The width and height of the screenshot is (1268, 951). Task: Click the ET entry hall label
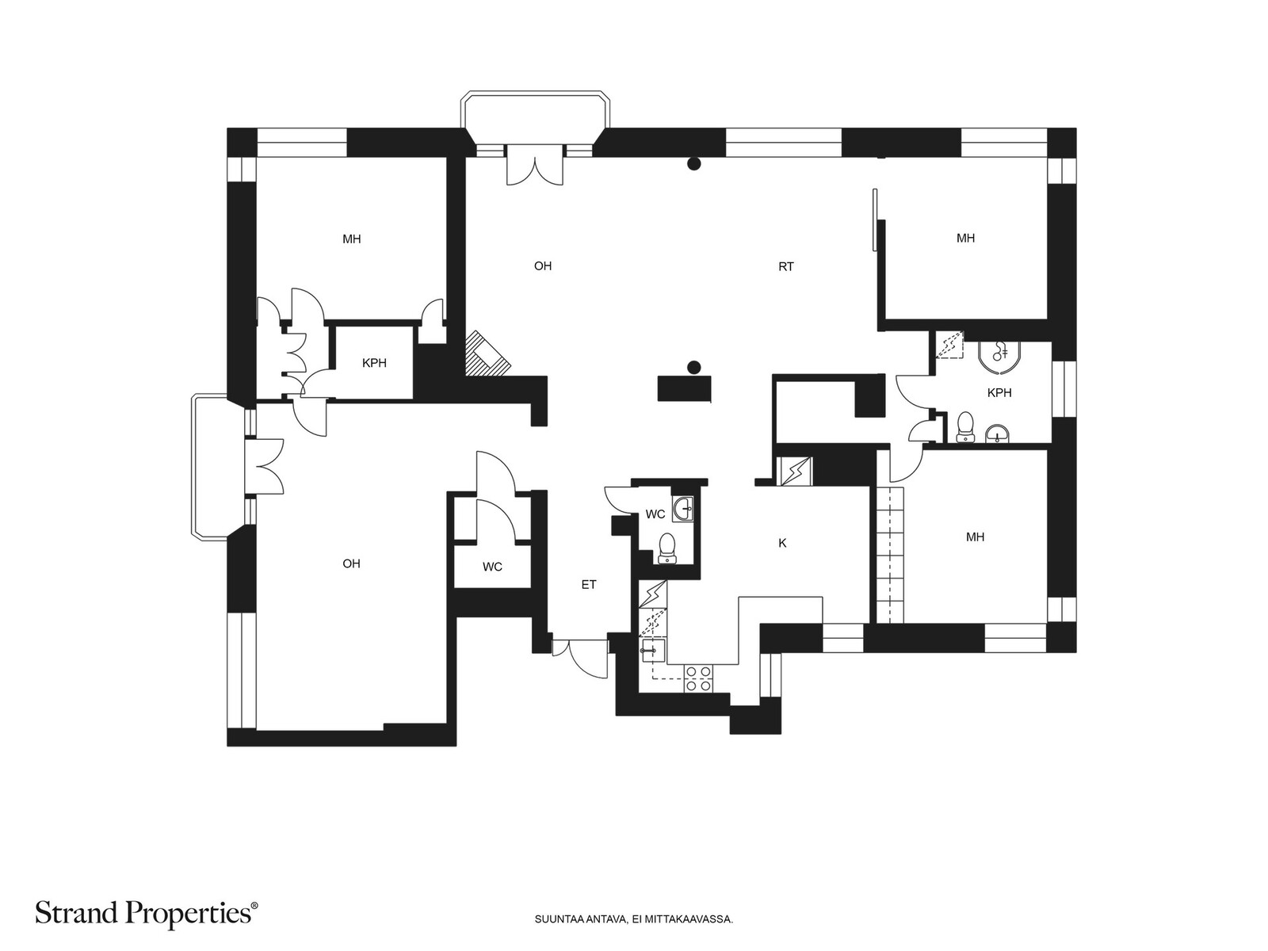589,585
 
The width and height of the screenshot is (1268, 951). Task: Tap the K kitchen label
782,543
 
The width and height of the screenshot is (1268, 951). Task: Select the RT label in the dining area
785,267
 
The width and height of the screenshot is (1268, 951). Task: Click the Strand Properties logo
147,914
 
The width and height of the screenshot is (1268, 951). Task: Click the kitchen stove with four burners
698,678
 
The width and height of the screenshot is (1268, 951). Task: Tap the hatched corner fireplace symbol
485,353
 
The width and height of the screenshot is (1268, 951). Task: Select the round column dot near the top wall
694,164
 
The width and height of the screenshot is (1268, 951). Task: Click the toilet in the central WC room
667,547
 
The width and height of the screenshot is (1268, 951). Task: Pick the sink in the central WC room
682,508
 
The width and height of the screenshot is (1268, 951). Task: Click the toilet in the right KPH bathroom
965,426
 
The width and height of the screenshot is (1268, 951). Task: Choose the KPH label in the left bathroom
374,363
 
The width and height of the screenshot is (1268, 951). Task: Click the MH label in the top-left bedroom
352,239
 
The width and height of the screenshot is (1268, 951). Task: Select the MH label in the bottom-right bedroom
975,537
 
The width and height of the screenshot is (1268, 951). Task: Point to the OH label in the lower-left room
351,563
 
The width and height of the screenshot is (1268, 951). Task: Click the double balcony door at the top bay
535,166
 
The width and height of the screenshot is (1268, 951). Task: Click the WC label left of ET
492,567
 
